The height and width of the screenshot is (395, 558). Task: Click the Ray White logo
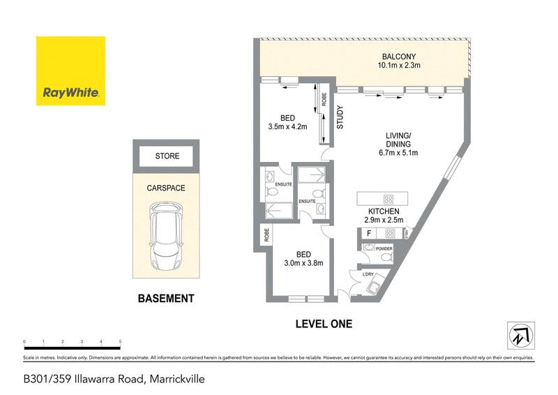coord(70,70)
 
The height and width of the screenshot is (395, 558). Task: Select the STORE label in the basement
coord(167,156)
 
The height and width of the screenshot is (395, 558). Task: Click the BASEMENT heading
coord(165,299)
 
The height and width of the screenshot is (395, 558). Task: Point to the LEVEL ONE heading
coord(323,324)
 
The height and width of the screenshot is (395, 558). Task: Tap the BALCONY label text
coord(400,57)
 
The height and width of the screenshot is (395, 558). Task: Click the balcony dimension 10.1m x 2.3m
coord(400,66)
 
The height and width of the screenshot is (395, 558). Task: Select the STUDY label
coord(340,118)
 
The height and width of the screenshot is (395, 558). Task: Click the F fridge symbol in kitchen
coord(367,234)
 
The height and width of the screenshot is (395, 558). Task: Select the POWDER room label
coord(384,248)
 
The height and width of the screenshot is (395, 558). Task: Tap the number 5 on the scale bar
coord(121,342)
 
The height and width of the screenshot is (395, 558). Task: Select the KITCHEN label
coord(384,211)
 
